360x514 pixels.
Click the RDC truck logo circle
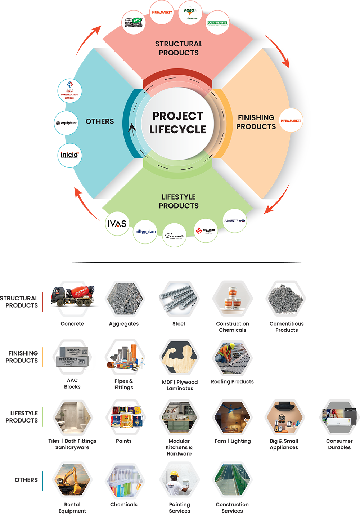pyautogui.click(x=134, y=22)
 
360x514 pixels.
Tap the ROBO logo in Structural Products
pyautogui.click(x=190, y=13)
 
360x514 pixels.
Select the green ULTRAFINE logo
pyautogui.click(x=217, y=23)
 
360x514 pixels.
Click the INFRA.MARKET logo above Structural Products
pyautogui.click(x=162, y=13)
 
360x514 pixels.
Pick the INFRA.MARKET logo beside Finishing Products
pyautogui.click(x=291, y=120)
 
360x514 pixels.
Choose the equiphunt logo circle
pyautogui.click(x=66, y=123)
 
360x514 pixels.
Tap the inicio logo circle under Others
pyautogui.click(x=70, y=155)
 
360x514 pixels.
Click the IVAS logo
pyautogui.click(x=117, y=223)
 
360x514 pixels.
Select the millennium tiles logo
pyautogui.click(x=145, y=232)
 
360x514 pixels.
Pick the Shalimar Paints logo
pyautogui.click(x=206, y=230)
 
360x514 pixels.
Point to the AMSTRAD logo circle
pyautogui.click(x=235, y=220)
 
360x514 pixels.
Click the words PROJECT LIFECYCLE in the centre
pyautogui.click(x=178, y=123)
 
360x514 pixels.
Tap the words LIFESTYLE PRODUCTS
pyautogui.click(x=179, y=201)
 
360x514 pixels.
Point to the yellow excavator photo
pyautogui.click(x=72, y=479)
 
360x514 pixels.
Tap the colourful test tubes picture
pyautogui.click(x=125, y=481)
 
